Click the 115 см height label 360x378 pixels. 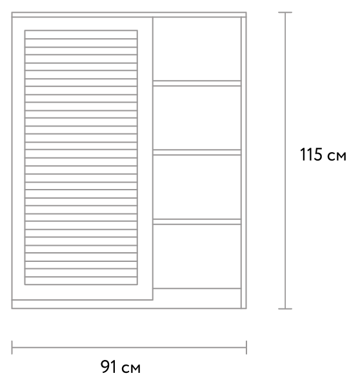[323, 155]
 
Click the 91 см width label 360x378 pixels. [120, 366]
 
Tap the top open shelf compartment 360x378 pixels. [197, 49]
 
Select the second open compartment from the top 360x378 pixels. [197, 117]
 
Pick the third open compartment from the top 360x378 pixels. [197, 187]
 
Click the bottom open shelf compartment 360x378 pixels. [197, 256]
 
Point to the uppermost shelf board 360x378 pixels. [197, 83]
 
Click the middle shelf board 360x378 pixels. [197, 152]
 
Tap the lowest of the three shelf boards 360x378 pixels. [197, 222]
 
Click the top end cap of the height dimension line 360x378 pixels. [285, 12]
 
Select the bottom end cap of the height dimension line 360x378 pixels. [285, 308]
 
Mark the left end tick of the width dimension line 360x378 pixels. [12, 348]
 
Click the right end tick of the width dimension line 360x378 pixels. [246, 348]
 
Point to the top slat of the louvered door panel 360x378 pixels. [81, 34]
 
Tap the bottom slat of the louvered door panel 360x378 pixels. [81, 281]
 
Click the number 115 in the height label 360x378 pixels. [311, 154]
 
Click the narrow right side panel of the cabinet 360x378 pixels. [243, 163]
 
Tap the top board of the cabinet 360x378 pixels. [129, 15]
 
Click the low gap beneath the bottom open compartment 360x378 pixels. [197, 298]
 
